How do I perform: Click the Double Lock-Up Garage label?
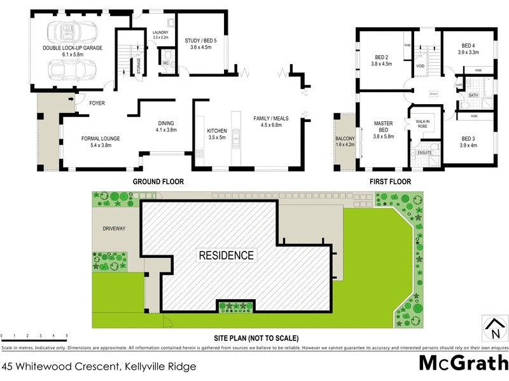pos(73,51)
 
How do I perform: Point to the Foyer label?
pos(97,103)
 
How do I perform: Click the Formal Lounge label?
pos(101,142)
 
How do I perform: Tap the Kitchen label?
pos(217,134)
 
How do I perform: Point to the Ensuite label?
pos(425,153)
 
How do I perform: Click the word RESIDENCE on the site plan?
pos(227,256)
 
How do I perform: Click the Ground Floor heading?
pos(158,182)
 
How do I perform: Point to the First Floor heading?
pos(390,182)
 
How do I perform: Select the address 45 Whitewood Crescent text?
pos(98,366)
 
